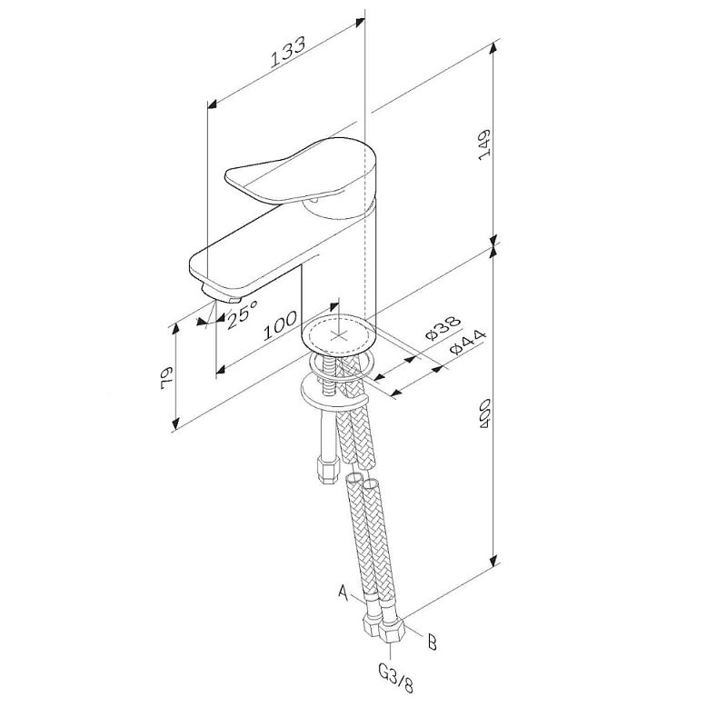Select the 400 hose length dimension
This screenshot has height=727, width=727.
485,413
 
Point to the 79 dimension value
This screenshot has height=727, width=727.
166,378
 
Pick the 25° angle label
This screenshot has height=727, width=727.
242,314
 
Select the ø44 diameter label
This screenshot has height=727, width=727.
467,343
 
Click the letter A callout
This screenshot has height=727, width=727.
344,593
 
